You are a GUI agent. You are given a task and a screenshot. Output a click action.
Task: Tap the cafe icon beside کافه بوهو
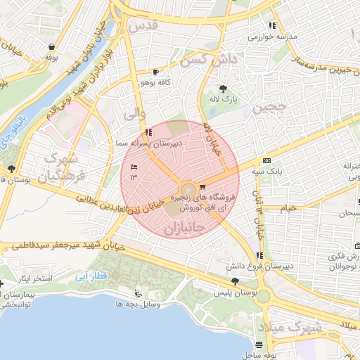[x=155, y=72]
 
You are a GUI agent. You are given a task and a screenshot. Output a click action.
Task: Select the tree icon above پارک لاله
[x=223, y=89]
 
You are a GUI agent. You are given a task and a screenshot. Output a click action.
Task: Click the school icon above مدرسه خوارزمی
[x=272, y=26]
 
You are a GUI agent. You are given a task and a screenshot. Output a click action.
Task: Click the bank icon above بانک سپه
[x=266, y=161]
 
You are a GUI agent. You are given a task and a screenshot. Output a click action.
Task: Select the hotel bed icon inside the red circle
[x=134, y=165]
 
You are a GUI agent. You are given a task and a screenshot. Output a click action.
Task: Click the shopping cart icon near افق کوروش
[x=203, y=187]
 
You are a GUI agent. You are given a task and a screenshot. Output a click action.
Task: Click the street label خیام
[x=288, y=208]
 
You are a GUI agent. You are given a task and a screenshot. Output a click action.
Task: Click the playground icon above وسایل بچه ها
[x=137, y=294]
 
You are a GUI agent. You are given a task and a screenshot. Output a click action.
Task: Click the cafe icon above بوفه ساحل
[x=261, y=345]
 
